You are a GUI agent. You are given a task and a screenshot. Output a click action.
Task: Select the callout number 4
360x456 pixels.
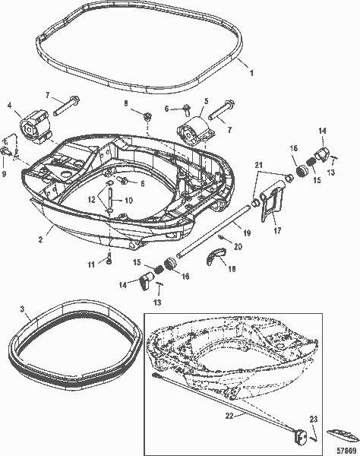(9, 104)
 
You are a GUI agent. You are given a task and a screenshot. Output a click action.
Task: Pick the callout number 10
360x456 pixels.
(129, 201)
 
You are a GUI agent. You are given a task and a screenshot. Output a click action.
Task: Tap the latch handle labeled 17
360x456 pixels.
(273, 207)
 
